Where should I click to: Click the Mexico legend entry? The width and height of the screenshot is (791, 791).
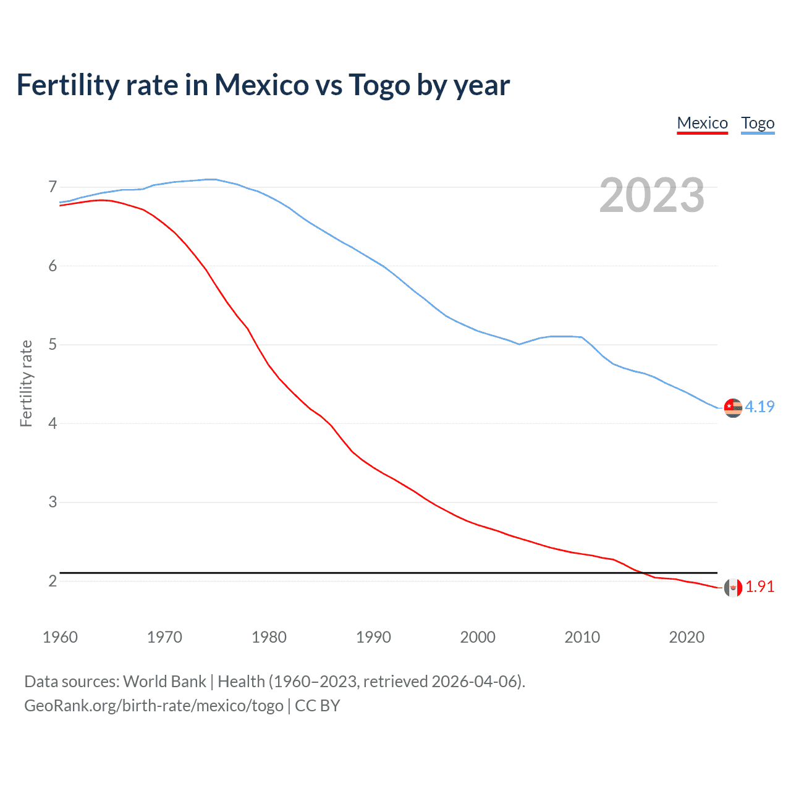point(702,123)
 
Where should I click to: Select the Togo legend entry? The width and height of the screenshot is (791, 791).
point(758,123)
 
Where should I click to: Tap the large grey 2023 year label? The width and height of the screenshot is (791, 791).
point(651,195)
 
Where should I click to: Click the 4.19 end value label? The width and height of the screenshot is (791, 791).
point(759,407)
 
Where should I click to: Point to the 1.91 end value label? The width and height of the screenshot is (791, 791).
point(759,586)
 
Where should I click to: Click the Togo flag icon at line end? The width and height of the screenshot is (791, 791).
point(733,408)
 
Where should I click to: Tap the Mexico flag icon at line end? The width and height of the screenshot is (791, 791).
point(733,588)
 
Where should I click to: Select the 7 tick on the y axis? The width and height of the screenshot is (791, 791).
point(53,187)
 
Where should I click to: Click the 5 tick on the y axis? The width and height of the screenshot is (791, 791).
point(53,344)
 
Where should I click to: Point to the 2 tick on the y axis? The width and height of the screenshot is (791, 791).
point(53,581)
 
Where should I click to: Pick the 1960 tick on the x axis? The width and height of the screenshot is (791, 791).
point(60,637)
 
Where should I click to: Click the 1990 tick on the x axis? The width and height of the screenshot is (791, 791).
point(373,637)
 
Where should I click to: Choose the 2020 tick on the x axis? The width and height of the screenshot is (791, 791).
point(687,637)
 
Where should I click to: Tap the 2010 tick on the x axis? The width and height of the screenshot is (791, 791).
point(582,637)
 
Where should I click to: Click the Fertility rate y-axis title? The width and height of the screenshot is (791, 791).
point(26,383)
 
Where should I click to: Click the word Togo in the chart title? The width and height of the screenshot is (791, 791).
point(379,85)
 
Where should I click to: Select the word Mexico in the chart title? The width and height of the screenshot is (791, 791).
point(261,85)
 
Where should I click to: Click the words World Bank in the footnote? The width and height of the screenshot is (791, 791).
point(164,682)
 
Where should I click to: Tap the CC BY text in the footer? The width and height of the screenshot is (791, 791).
point(318,706)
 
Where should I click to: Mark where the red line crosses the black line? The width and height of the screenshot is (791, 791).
point(642,573)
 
